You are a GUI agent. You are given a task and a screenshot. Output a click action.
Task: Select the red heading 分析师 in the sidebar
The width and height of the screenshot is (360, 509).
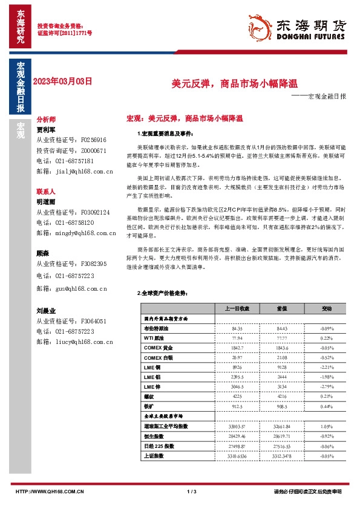click(46, 120)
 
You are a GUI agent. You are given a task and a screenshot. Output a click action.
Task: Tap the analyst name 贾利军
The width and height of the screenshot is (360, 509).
click(46, 129)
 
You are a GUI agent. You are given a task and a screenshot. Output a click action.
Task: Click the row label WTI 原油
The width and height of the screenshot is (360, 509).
click(154, 339)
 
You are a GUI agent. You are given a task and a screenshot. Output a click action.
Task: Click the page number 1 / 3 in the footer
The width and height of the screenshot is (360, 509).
click(192, 492)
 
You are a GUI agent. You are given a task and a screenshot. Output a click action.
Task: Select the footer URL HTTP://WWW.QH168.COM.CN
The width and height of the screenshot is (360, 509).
click(49, 492)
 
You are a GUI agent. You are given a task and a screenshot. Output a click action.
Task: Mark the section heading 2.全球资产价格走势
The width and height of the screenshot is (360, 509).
click(163, 293)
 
